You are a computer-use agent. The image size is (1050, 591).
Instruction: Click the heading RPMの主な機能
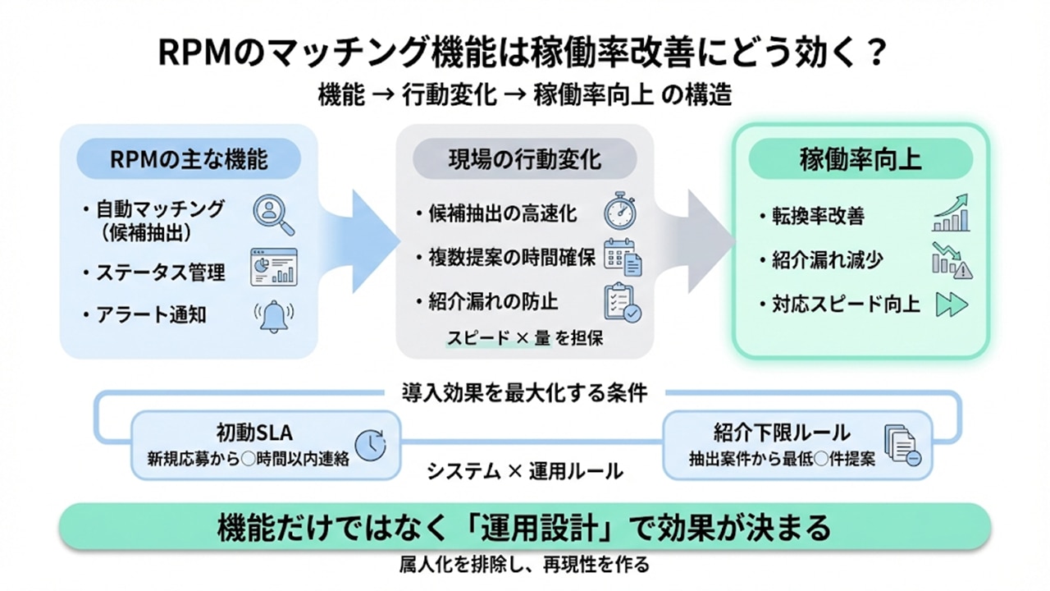point(189,159)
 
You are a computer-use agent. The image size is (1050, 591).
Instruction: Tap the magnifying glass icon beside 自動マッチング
point(273,214)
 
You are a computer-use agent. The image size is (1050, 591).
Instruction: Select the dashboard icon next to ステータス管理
point(274,267)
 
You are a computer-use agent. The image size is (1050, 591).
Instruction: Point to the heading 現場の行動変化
point(525,159)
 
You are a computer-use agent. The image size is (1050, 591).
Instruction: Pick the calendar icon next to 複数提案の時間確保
point(623,257)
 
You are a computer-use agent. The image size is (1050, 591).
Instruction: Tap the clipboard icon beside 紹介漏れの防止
point(622,303)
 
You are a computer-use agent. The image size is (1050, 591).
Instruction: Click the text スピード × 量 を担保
point(525,337)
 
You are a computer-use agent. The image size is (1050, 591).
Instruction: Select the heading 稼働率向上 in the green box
point(861,159)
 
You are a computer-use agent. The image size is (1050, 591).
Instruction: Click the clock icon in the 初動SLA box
point(372,444)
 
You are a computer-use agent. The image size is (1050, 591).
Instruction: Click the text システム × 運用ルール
point(524,471)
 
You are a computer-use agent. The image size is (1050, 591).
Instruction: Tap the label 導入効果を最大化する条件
point(525,392)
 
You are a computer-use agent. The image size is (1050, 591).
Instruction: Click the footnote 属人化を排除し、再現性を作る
point(524,565)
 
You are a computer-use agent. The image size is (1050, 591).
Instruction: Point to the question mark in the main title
point(875,54)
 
